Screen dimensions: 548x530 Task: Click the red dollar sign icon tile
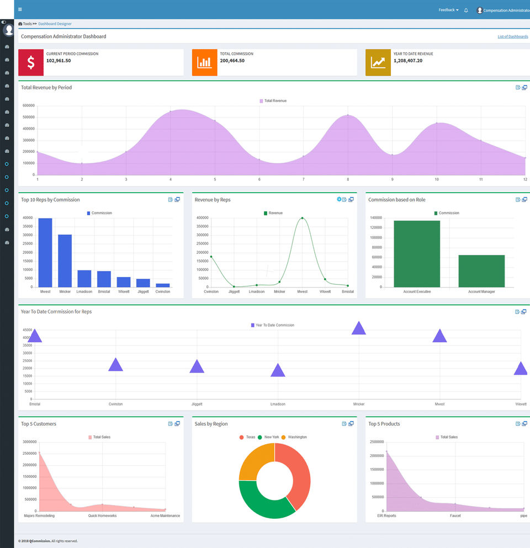[31, 62]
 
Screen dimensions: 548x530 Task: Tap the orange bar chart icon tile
[204, 62]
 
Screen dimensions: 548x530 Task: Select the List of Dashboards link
[512, 36]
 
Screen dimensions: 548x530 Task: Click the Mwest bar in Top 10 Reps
[45, 252]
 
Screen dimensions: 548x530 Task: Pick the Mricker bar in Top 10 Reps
[65, 260]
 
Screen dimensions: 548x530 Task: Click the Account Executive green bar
[417, 253]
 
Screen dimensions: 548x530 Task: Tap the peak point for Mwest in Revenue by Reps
[302, 218]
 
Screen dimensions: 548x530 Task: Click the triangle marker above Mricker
[359, 328]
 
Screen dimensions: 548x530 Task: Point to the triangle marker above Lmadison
[278, 371]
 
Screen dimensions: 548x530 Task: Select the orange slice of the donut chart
[255, 460]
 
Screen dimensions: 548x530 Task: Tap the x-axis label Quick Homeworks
[102, 516]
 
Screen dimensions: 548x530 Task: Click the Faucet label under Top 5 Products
[455, 516]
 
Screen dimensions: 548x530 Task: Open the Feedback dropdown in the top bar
[448, 10]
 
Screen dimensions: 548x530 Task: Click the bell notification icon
[466, 10]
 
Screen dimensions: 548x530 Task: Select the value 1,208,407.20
[407, 61]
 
